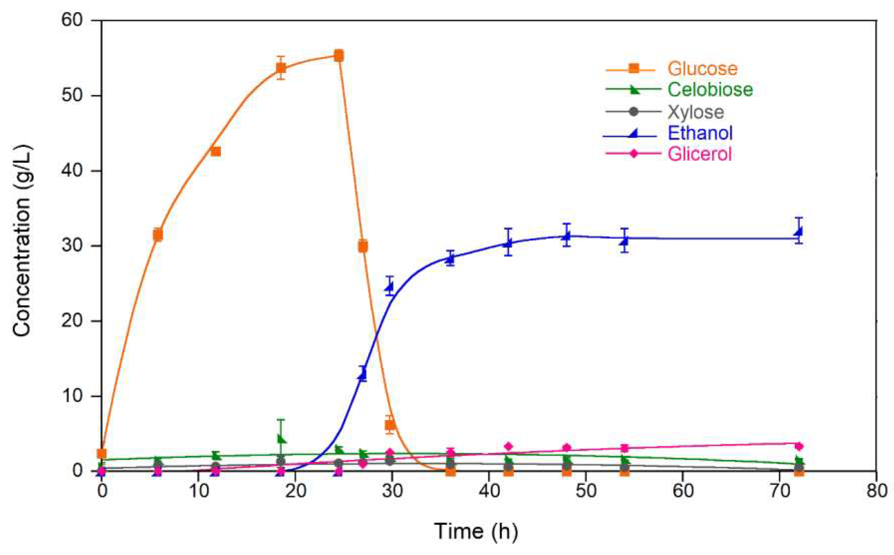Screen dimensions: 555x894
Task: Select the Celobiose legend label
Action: tap(710, 90)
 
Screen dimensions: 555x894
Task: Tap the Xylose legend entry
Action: tap(696, 112)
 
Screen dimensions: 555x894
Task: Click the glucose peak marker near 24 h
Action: tap(339, 56)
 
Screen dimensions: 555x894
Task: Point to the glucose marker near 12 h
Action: tap(216, 152)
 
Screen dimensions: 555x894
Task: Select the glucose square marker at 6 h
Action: tap(158, 235)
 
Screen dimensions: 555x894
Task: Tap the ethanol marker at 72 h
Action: tap(798, 232)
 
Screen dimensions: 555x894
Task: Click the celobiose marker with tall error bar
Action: tap(281, 439)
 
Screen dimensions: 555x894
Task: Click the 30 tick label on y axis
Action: tap(72, 246)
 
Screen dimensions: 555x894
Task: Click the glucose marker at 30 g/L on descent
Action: tap(363, 246)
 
